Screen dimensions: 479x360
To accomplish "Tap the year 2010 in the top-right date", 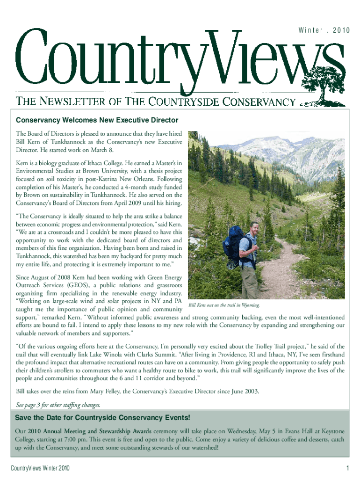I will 341,31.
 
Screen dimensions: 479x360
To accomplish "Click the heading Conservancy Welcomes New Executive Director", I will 97,121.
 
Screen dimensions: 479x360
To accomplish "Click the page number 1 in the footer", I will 348,468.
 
